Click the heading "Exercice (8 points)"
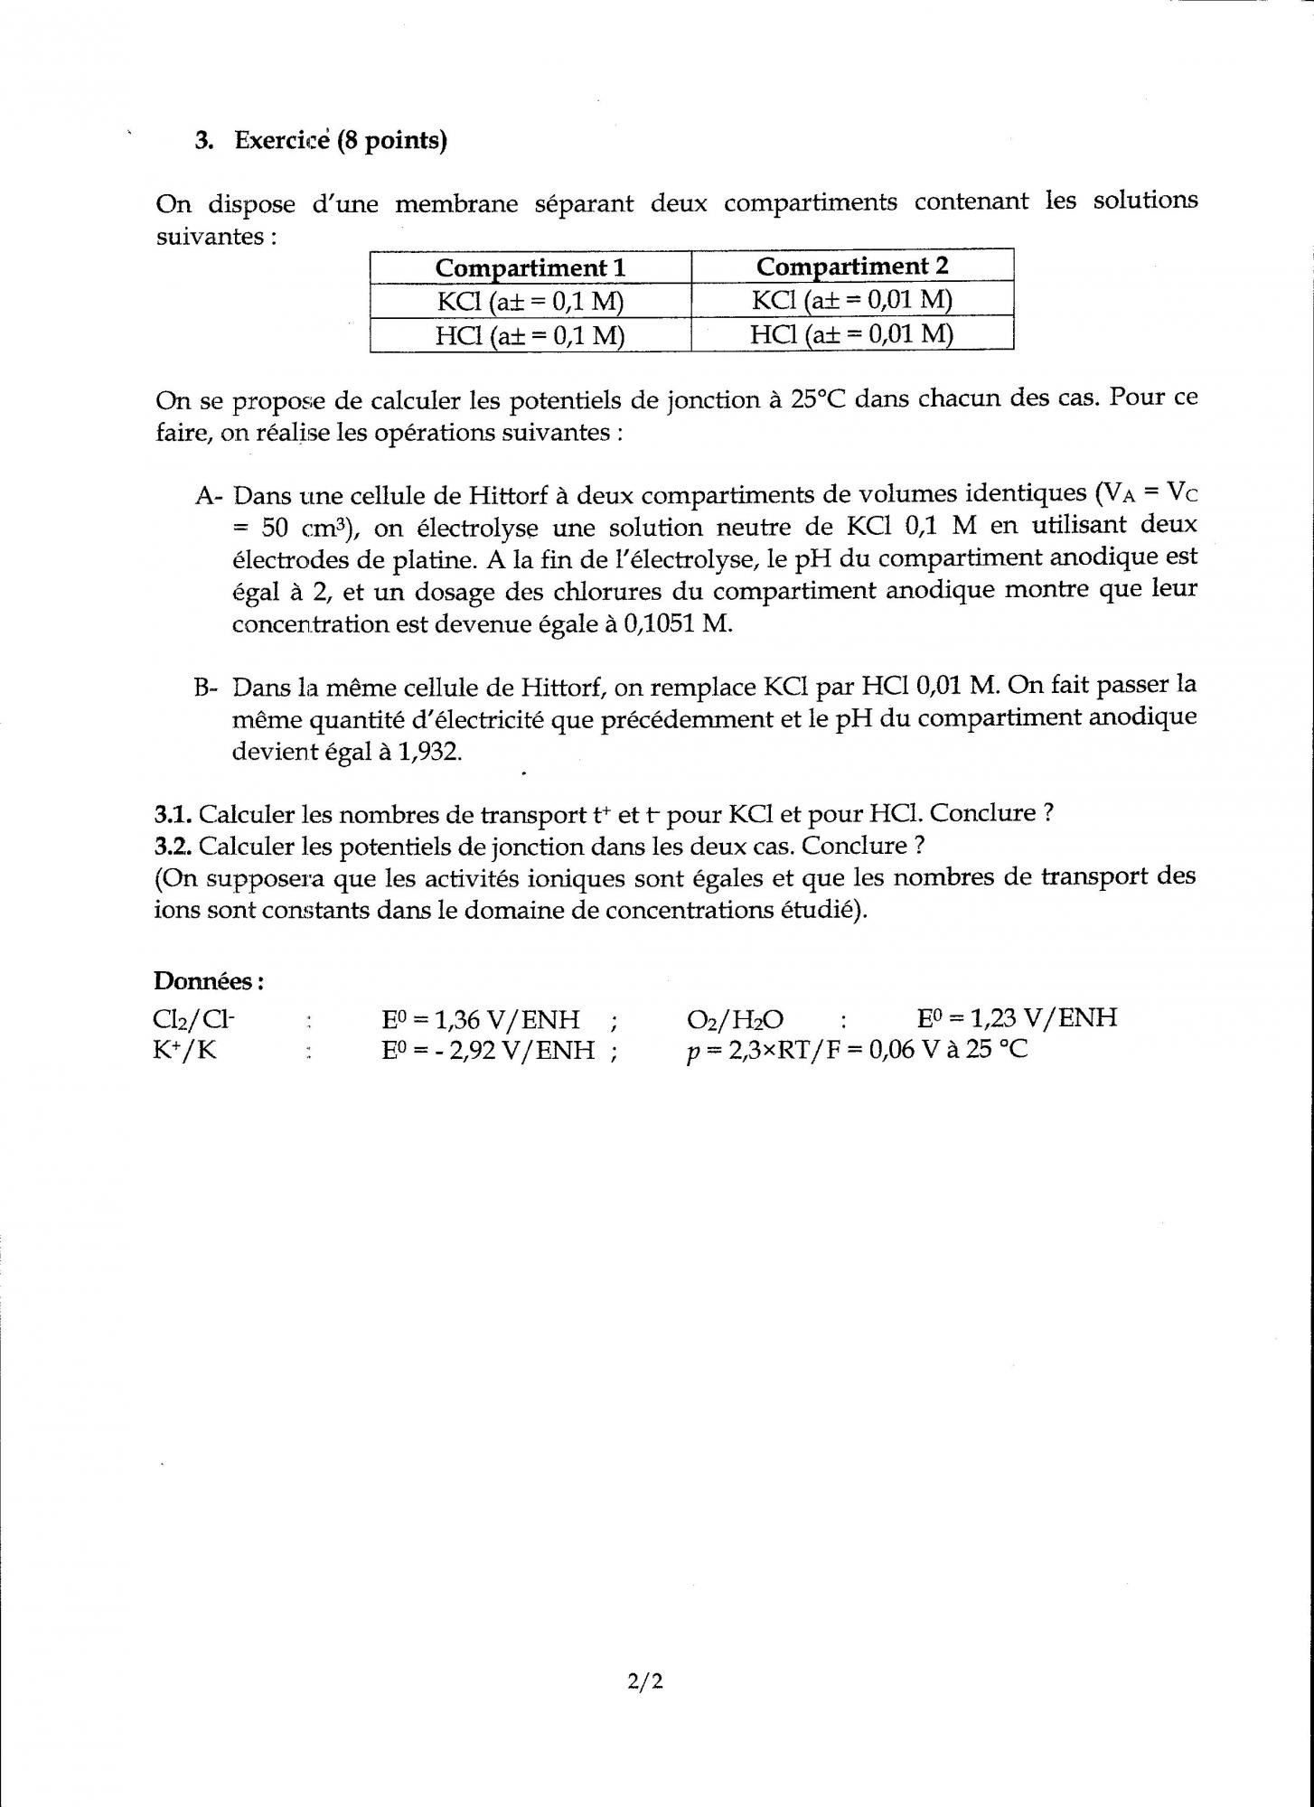[x=341, y=141]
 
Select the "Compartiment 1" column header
[x=530, y=268]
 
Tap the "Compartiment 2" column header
[x=851, y=267]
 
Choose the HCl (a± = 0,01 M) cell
[x=851, y=334]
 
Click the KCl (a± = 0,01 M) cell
[x=851, y=300]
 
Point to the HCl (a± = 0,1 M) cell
[x=530, y=336]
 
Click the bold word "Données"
[x=208, y=980]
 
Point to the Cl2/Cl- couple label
[x=193, y=1020]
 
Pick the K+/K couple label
[x=185, y=1052]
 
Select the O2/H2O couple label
[x=735, y=1020]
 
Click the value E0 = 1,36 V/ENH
[x=480, y=1020]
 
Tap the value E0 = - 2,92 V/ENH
[x=488, y=1051]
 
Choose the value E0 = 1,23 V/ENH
[x=1017, y=1018]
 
